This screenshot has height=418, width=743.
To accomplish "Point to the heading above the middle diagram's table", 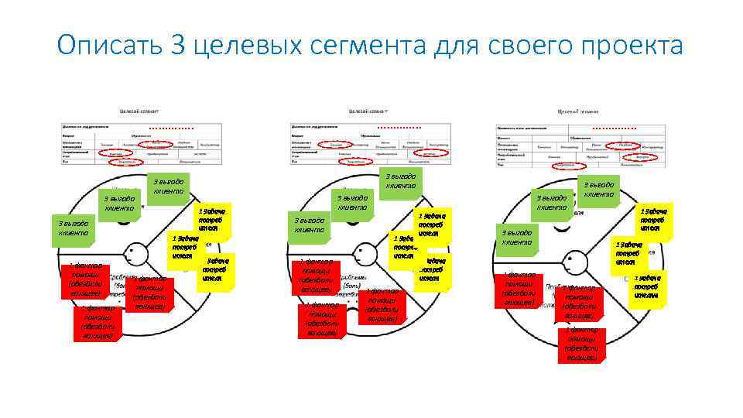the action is point(368,111).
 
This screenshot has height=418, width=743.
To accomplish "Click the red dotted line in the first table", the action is point(171,127).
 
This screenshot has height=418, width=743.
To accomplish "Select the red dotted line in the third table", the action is point(615,128).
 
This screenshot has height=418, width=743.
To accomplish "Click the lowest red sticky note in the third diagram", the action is point(580,344).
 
